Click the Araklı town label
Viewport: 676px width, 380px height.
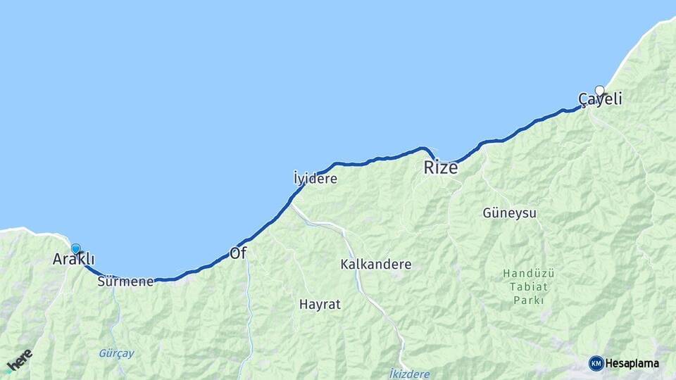73,260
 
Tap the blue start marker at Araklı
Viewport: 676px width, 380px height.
76,248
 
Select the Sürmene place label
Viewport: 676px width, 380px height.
126,281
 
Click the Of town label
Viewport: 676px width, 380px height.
238,253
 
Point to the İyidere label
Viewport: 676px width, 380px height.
315,179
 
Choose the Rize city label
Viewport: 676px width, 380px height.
440,168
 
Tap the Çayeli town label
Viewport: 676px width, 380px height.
600,100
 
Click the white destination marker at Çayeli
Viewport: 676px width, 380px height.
599,90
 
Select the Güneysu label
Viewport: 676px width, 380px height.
509,213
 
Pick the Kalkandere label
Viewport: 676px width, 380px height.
375,265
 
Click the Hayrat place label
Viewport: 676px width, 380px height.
320,305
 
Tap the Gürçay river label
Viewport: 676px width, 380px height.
116,353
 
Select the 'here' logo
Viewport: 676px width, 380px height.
19,360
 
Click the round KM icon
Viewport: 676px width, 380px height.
596,363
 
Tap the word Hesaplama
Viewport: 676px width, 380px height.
632,364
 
